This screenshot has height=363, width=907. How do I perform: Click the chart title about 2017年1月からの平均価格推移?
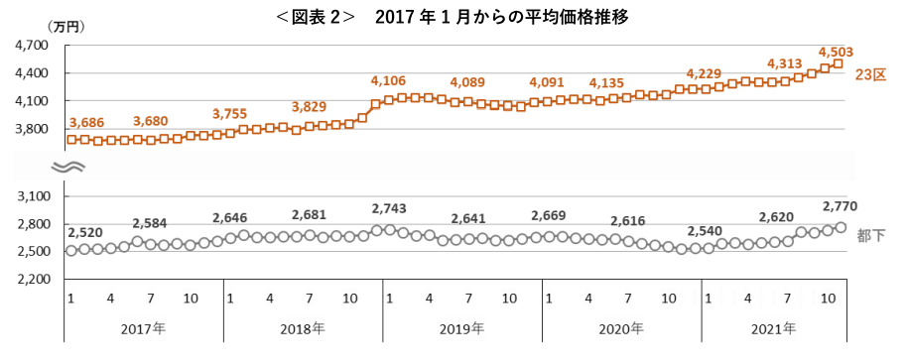point(453,17)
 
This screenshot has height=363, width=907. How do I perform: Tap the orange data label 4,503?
point(836,52)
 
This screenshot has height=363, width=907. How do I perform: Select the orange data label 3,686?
point(86,122)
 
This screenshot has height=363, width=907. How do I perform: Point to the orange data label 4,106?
point(388,81)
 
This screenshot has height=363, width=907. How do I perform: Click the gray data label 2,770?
point(840,205)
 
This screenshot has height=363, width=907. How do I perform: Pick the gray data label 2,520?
point(85,233)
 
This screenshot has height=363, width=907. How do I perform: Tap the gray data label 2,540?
point(704,231)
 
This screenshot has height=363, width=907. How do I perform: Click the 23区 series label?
point(871,75)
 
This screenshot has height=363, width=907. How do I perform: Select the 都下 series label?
point(870,235)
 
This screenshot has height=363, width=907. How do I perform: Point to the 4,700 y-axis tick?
point(33,46)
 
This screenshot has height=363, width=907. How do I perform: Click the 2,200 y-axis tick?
point(33,279)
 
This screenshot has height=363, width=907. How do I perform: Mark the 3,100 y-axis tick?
point(33,196)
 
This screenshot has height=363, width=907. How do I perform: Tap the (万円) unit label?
point(65,27)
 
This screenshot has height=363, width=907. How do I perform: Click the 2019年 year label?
point(461,329)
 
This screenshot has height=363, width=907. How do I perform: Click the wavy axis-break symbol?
point(68,168)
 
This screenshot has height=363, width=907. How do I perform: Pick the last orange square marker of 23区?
point(837,64)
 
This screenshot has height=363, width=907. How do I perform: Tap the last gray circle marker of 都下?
point(842,227)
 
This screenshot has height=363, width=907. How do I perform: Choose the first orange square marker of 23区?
point(71,139)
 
